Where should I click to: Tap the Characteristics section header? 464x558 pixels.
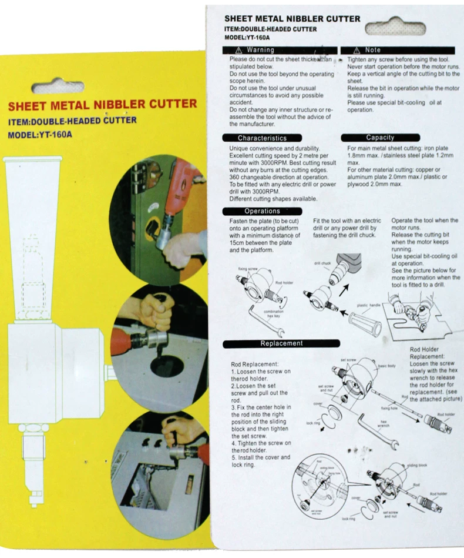pyautogui.click(x=254, y=138)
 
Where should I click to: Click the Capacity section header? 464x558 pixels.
pyautogui.click(x=380, y=138)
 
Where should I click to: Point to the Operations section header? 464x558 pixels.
pyautogui.click(x=254, y=211)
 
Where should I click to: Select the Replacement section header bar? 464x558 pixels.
pyautogui.click(x=281, y=343)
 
